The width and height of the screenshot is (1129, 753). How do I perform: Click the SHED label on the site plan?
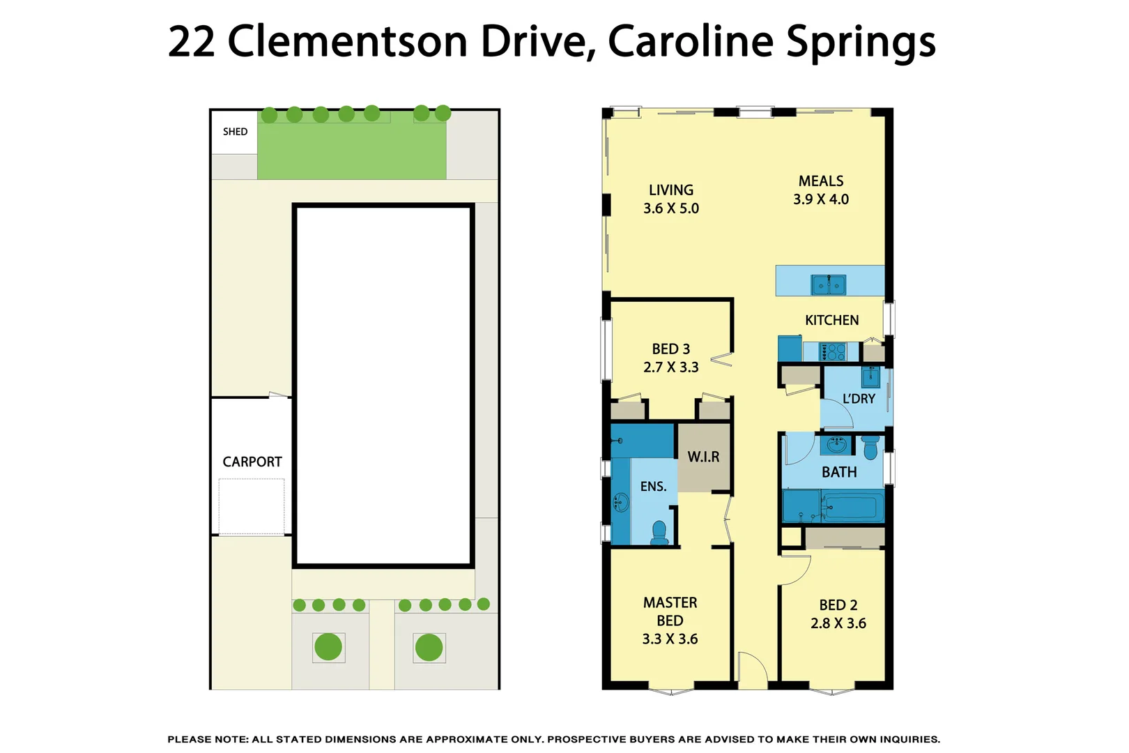tap(235, 132)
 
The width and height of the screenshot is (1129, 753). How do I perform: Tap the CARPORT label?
tap(252, 462)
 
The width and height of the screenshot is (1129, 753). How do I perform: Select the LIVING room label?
tap(671, 190)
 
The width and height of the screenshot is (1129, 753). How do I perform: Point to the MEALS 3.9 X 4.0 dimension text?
tap(821, 199)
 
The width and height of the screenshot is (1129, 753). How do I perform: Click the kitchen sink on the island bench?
tap(828, 285)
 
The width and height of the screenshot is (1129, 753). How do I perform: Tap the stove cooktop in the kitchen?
tap(833, 351)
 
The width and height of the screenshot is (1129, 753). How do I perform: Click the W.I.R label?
tap(704, 457)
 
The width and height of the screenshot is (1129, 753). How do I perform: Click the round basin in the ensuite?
tap(620, 502)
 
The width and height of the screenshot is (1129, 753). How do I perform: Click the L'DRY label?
tap(859, 399)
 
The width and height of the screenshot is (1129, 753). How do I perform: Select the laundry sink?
tap(870, 376)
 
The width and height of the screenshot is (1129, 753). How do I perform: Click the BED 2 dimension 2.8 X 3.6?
tap(838, 623)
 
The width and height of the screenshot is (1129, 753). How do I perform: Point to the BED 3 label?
tap(671, 349)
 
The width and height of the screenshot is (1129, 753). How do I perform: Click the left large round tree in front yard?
tap(328, 646)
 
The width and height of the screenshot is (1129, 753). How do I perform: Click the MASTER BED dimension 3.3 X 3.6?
tap(670, 639)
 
